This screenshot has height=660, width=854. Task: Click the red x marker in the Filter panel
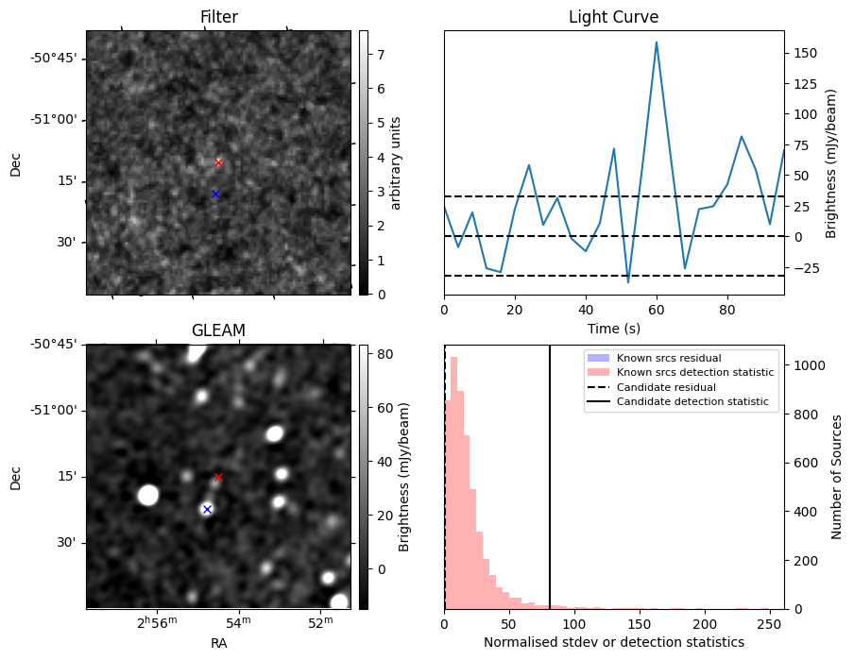[218, 162]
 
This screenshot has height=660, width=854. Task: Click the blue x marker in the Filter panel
[215, 194]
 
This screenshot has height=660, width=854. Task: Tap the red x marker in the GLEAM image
[218, 477]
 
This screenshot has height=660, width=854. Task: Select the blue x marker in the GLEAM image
[207, 509]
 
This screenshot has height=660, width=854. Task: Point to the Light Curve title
[613, 17]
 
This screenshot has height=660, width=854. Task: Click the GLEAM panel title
[218, 330]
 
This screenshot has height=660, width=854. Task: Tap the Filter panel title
[218, 17]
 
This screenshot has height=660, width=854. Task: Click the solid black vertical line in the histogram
[550, 472]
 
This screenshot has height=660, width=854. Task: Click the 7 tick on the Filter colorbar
[378, 55]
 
